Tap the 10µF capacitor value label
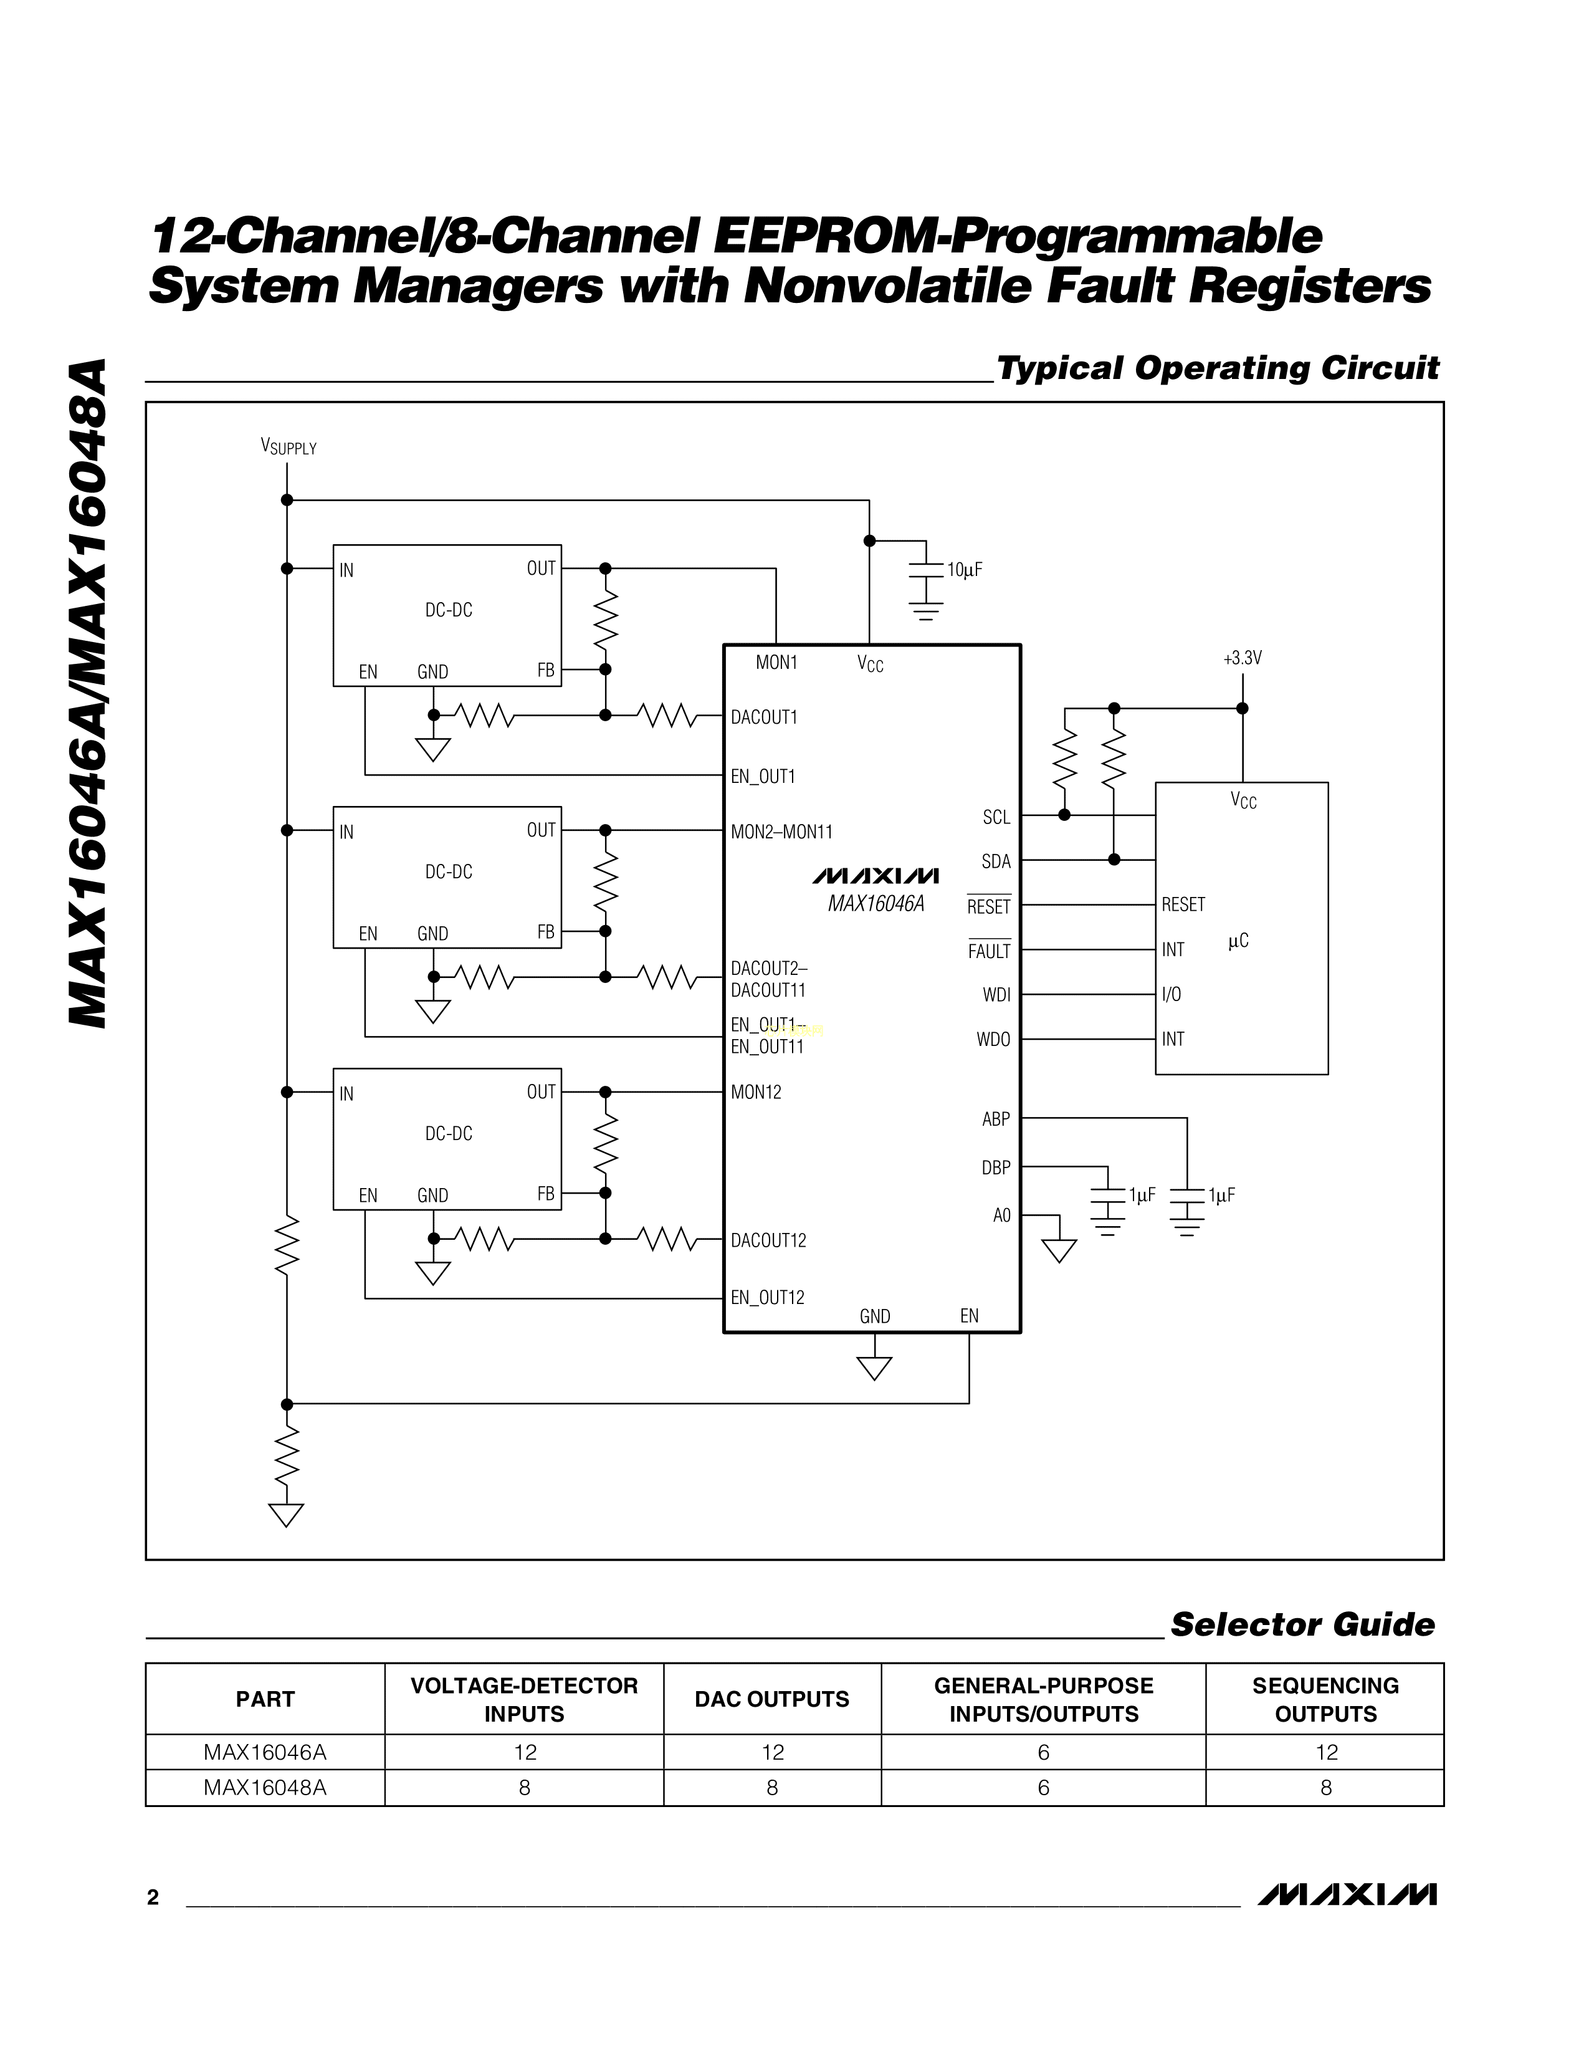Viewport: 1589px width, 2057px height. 964,570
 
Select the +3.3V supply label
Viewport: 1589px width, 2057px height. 1242,658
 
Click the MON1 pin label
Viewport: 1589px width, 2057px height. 776,662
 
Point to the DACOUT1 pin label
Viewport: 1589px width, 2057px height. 763,717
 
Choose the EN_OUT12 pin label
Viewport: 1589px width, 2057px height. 767,1298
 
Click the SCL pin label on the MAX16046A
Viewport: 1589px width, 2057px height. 996,818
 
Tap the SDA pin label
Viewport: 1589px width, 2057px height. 996,862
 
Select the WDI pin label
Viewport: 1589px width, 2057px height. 996,995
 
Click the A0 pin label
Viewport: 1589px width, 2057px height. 1001,1216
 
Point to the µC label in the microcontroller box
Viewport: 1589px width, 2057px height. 1238,941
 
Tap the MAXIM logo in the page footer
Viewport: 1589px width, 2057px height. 1346,1895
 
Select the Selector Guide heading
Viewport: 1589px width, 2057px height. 1302,1624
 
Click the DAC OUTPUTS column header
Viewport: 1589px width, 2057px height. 772,1699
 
